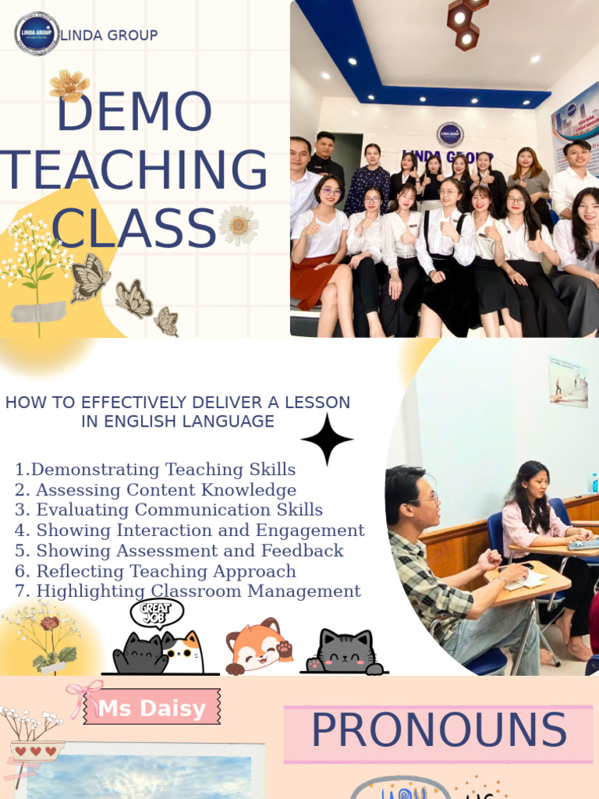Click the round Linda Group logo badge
coord(37,34)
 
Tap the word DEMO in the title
coord(133,112)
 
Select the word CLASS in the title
coord(133,228)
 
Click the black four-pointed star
coord(327,439)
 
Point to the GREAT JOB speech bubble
coord(156,613)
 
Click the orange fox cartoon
coord(258,645)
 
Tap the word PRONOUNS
coord(438,731)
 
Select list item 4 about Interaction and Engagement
coord(190,531)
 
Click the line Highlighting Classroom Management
coord(188,591)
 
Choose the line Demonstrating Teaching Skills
coord(155,470)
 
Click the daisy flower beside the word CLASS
coord(239,225)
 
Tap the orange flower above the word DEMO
coord(69,85)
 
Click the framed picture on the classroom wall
coord(568,382)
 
